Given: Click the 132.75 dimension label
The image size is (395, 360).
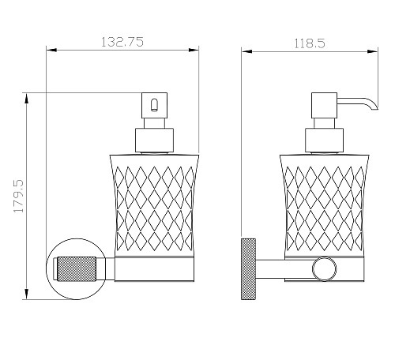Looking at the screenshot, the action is [122, 42].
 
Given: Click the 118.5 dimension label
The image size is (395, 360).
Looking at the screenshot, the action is [310, 43].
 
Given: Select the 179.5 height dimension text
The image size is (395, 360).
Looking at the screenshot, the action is [19, 196].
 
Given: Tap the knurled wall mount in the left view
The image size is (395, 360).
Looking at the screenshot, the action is [77, 269].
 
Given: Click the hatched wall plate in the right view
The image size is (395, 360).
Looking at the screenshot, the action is [248, 269].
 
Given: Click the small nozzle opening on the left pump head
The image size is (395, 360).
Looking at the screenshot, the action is [155, 104].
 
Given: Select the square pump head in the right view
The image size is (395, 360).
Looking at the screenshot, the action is [325, 105].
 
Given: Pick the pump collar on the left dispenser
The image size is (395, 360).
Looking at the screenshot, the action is [154, 140].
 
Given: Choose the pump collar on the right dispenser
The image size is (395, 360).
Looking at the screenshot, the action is [325, 140].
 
